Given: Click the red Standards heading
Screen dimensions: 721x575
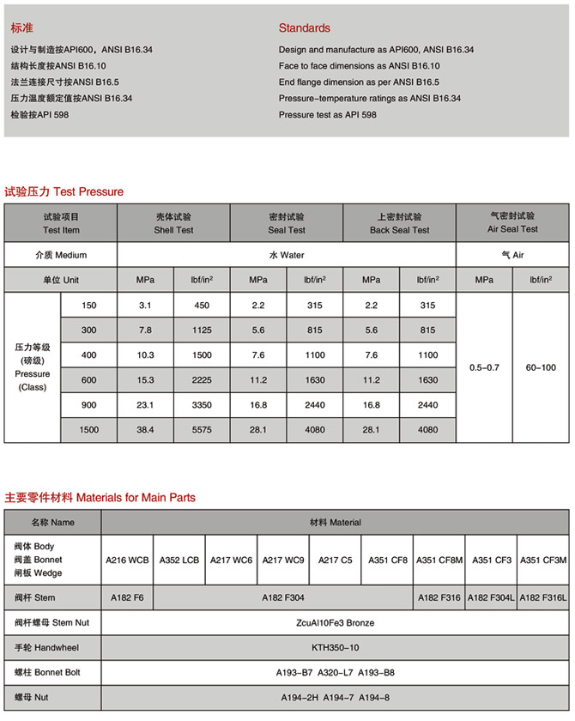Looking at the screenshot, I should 304,28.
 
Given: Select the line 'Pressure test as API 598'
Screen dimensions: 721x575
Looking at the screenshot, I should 327,115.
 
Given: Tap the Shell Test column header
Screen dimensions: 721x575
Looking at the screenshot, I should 173,223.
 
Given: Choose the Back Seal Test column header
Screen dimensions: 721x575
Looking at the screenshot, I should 399,223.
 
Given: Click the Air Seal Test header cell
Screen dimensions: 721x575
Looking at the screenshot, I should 512,223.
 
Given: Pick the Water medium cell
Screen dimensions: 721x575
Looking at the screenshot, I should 287,255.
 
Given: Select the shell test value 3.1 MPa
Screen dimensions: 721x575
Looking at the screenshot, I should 145,306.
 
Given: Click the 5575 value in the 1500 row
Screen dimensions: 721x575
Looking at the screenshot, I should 202,429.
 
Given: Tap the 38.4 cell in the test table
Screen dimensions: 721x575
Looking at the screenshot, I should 145,429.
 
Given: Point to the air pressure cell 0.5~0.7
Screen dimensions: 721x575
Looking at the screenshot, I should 484,367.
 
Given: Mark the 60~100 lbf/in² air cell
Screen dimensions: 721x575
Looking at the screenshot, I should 541,367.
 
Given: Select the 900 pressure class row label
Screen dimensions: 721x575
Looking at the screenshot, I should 89,404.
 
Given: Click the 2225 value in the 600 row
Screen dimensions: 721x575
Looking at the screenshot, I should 202,380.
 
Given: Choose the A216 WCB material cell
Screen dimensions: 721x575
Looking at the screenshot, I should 127,560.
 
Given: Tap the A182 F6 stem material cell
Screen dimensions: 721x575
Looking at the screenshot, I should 127,597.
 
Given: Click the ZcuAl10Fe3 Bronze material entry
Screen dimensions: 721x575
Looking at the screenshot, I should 335,622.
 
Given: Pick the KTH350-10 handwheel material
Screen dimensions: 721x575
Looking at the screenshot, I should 335,647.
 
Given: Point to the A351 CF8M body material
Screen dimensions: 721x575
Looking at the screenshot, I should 439,560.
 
